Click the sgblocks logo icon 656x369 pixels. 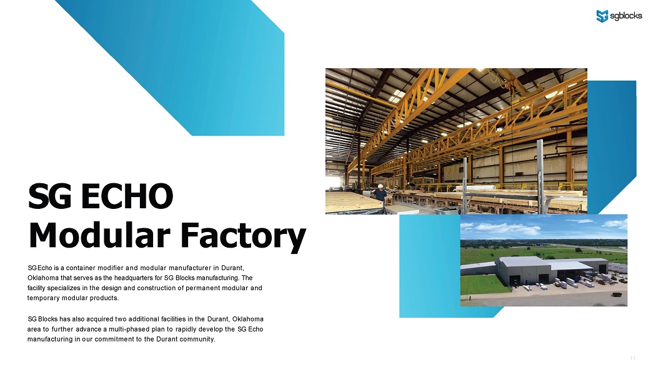pyautogui.click(x=602, y=16)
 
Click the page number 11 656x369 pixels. pyautogui.click(x=632, y=358)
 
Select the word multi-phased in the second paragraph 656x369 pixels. pyautogui.click(x=127, y=329)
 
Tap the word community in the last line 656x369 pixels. pyautogui.click(x=197, y=339)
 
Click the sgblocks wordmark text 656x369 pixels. pyautogui.click(x=626, y=16)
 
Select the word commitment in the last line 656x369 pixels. pyautogui.click(x=114, y=339)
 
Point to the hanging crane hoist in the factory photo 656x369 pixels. pyautogui.click(x=509, y=86)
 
